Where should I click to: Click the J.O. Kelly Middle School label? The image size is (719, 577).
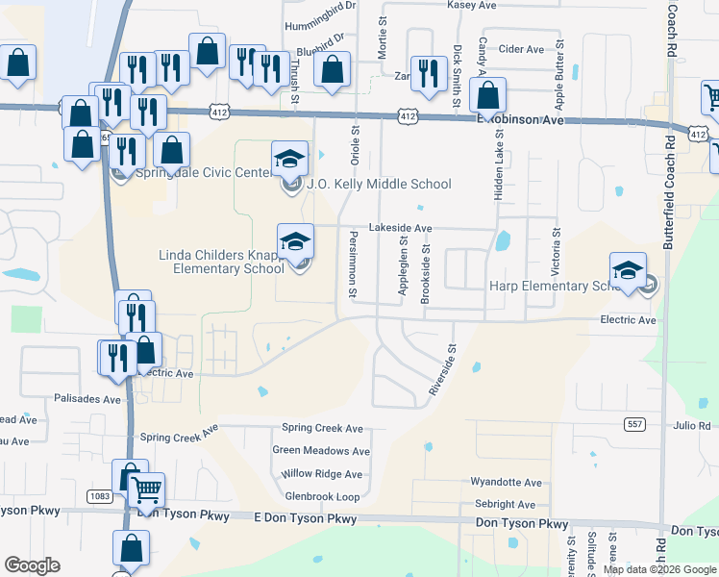click(x=378, y=184)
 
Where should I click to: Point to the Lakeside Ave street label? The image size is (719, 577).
click(x=401, y=228)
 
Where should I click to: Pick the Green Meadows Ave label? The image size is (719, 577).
click(x=321, y=450)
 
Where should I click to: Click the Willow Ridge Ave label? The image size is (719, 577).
click(x=322, y=474)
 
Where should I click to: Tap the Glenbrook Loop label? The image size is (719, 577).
click(x=322, y=496)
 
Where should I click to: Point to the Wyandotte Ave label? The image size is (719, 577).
click(x=506, y=483)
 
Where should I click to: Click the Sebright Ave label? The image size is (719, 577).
click(x=505, y=504)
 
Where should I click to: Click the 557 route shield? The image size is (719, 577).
click(x=633, y=423)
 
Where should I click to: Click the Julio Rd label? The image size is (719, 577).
click(x=692, y=425)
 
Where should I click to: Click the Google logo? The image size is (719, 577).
click(x=32, y=565)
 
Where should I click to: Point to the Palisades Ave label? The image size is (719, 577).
click(x=87, y=398)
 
